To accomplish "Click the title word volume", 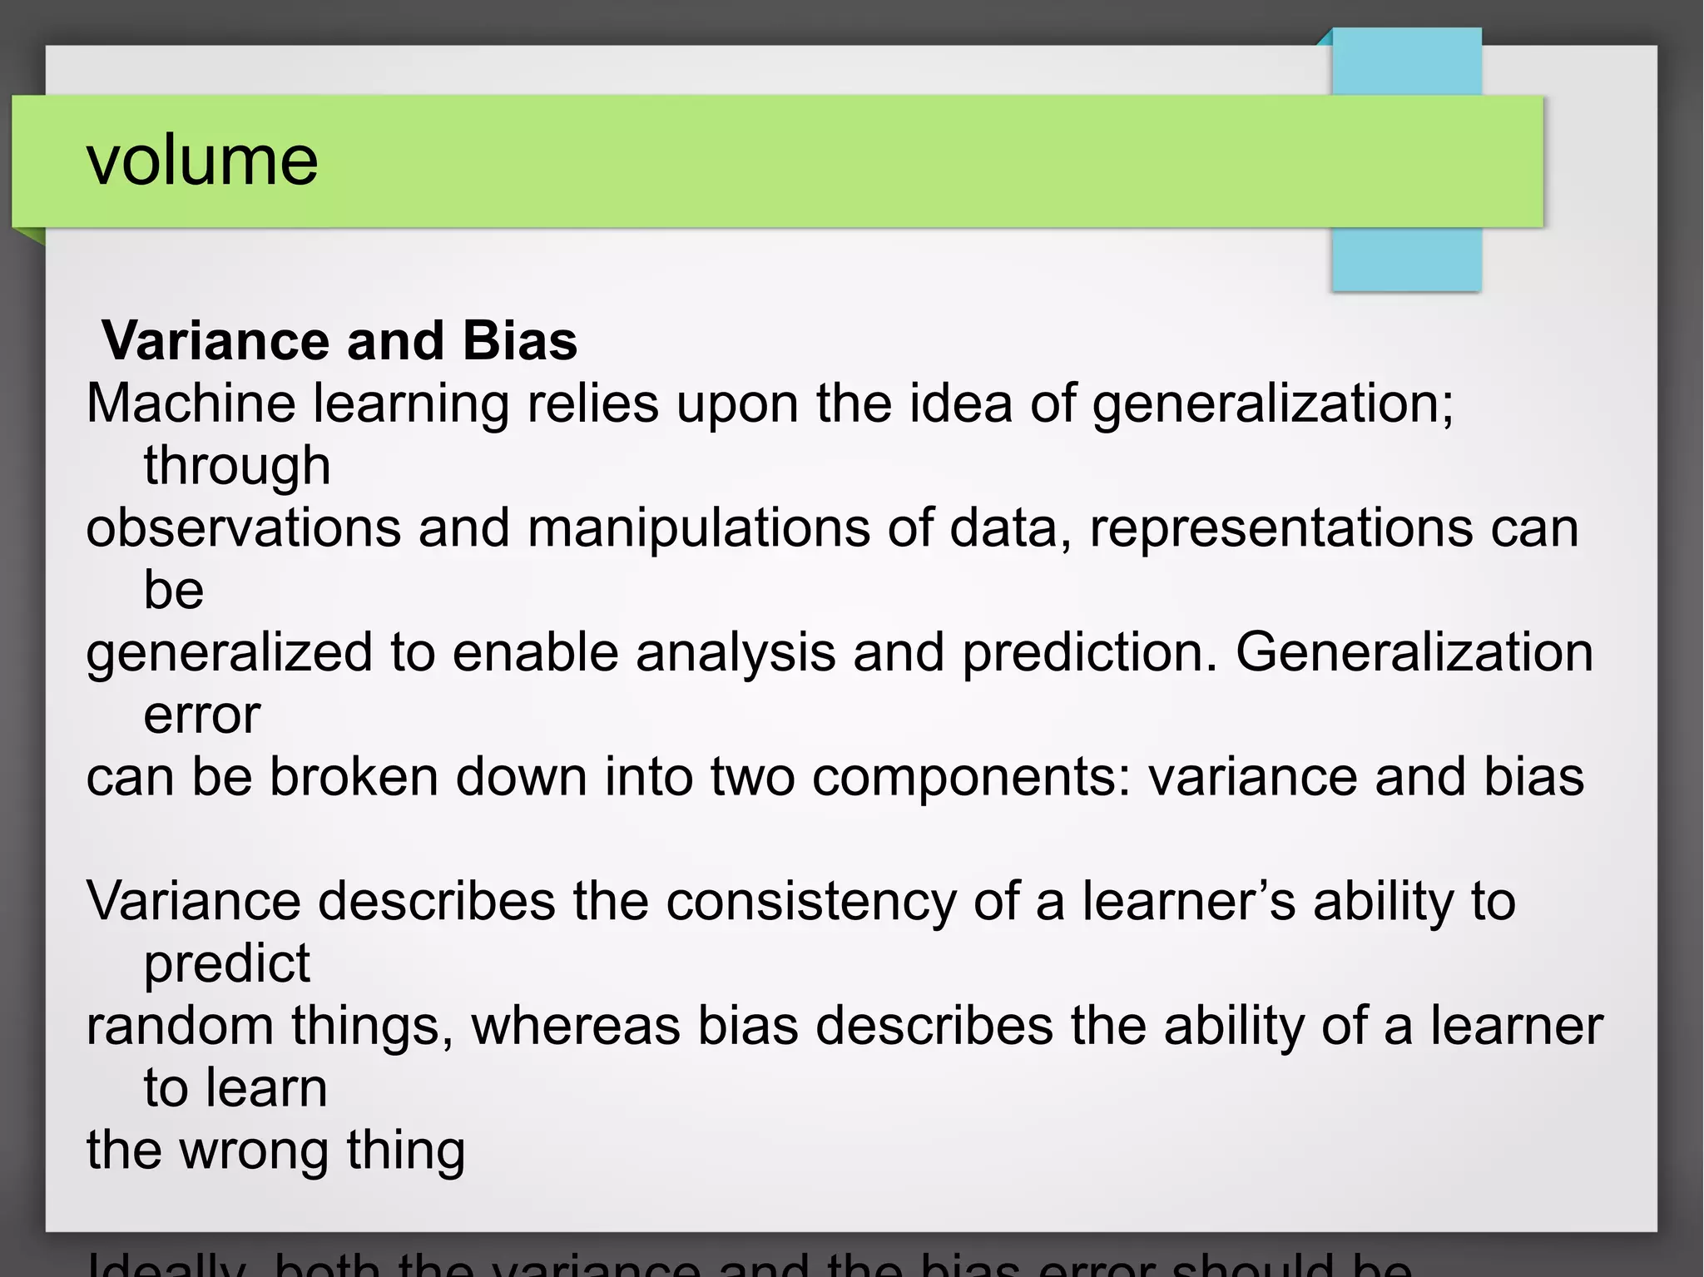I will coord(202,160).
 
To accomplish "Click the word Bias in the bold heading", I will coord(519,341).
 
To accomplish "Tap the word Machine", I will coord(191,403).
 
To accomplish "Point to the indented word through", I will coord(237,466).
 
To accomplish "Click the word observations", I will coord(243,528).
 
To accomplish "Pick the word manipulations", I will coord(698,528).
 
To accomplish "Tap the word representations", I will coord(1280,528).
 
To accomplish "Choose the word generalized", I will coord(229,653).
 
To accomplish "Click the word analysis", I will coord(736,653).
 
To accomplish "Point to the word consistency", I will coord(811,902).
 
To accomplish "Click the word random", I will coord(180,1027).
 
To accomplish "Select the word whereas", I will coord(576,1027).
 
